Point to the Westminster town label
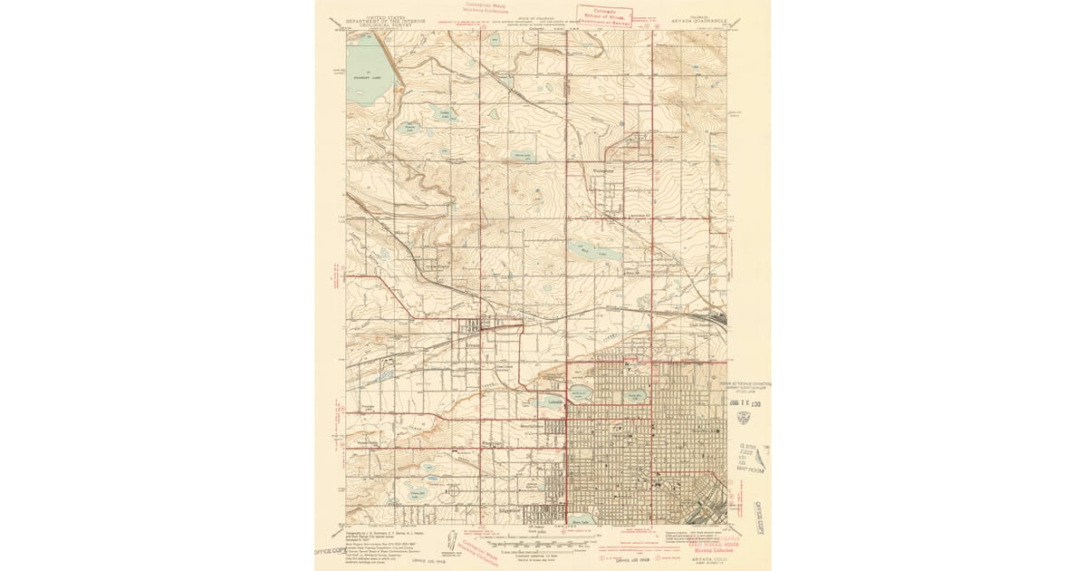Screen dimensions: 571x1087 (x=604, y=169)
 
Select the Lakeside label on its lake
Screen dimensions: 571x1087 (x=555, y=402)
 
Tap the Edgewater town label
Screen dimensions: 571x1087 (x=532, y=512)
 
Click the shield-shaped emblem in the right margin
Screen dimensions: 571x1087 (x=745, y=418)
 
